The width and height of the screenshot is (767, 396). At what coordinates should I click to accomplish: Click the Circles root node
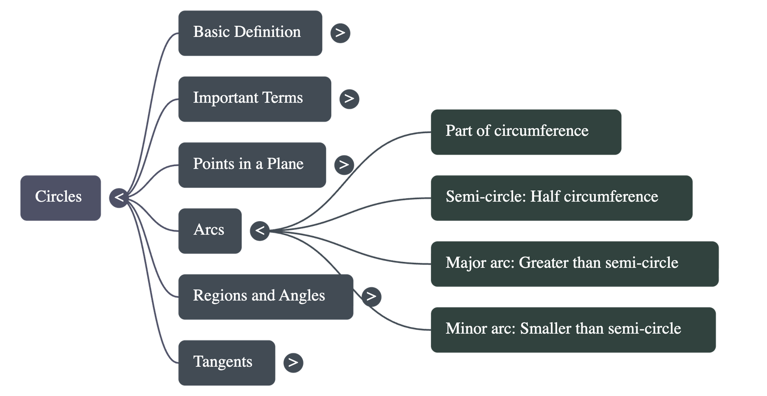(x=60, y=197)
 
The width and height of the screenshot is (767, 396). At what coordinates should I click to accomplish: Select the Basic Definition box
(x=250, y=33)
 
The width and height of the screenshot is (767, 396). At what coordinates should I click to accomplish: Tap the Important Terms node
(x=254, y=99)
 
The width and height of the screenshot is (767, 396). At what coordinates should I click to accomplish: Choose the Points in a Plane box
(x=252, y=164)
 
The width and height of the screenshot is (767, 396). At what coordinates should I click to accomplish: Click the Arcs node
(x=209, y=230)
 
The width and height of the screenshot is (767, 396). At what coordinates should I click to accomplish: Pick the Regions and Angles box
(x=266, y=296)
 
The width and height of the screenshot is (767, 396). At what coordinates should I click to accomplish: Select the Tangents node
(x=227, y=362)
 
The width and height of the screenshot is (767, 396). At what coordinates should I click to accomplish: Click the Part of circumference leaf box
(x=526, y=132)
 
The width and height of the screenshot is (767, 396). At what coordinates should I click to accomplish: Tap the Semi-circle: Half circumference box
(x=561, y=197)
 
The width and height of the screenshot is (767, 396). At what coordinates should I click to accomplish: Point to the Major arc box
(x=574, y=263)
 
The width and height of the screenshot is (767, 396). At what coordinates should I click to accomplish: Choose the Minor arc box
(x=573, y=329)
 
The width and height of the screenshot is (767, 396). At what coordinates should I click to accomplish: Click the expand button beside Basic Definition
(x=340, y=33)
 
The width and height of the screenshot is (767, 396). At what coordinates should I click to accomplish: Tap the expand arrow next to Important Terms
(x=349, y=99)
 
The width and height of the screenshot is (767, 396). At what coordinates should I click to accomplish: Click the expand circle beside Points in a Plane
(x=344, y=165)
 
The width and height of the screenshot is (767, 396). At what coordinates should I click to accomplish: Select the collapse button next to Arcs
(x=260, y=231)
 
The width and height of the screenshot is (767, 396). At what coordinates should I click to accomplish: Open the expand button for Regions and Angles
(x=371, y=296)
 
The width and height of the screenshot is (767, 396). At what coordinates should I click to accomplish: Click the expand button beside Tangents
(x=293, y=362)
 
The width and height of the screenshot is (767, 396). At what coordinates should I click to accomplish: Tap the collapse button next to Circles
(x=119, y=197)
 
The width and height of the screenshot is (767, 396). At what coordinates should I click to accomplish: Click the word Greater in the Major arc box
(x=541, y=263)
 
